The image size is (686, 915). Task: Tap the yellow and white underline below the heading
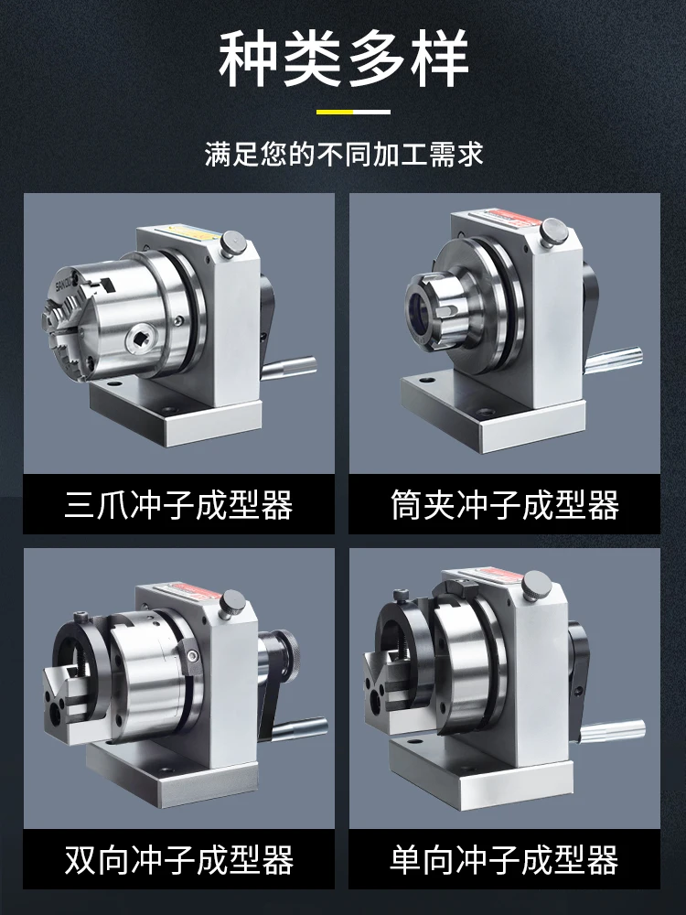353,112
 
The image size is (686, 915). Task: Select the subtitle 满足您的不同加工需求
344,155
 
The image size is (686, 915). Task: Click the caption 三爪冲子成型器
178,505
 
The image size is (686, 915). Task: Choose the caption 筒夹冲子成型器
505,505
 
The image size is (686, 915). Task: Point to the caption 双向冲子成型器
178,860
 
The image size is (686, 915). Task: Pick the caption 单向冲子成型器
505,860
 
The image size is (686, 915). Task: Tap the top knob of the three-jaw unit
232,243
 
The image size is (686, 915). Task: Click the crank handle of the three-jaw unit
288,368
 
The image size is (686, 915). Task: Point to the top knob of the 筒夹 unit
553,231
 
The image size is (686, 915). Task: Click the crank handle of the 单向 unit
613,732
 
